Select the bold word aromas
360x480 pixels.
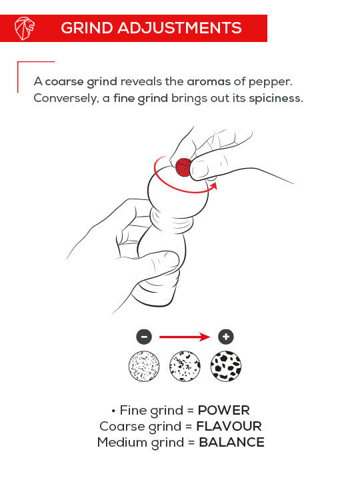coord(209,81)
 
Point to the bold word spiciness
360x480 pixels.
coord(275,98)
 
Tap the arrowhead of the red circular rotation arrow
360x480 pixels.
coord(213,189)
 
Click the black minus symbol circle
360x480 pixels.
coord(144,337)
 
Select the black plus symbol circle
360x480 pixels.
coord(227,337)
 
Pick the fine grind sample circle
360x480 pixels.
coord(144,365)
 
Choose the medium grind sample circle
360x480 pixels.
coord(185,365)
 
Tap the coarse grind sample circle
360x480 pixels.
coord(227,365)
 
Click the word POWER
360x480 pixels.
coord(223,411)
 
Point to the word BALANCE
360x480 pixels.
coord(231,443)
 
